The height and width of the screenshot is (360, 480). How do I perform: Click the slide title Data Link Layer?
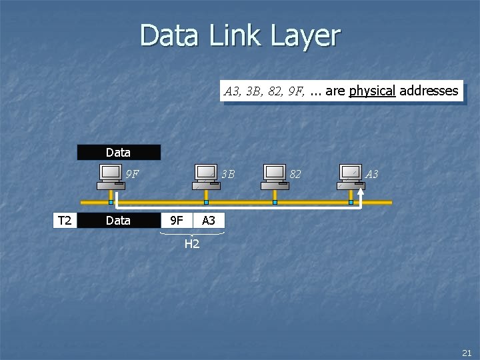[240, 35]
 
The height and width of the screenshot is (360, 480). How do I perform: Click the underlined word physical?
[371, 91]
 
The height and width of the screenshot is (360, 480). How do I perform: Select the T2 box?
[65, 220]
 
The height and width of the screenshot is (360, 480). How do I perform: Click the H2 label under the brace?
[192, 244]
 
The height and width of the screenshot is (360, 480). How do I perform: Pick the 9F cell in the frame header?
[177, 220]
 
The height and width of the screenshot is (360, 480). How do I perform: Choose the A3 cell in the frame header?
[209, 220]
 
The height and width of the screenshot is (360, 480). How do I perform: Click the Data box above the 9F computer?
[118, 153]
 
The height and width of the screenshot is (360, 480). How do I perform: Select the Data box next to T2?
[118, 220]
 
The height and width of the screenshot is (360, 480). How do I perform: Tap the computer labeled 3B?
[206, 175]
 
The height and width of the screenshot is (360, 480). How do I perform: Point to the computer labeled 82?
[275, 175]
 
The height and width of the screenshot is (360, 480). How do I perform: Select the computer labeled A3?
[351, 175]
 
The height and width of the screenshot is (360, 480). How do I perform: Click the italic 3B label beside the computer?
[228, 175]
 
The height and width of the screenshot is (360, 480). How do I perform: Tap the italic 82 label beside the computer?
[295, 175]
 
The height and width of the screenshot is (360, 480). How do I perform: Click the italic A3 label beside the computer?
[371, 175]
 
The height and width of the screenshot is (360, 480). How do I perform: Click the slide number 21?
[466, 352]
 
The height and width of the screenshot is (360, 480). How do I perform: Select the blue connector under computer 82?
[275, 202]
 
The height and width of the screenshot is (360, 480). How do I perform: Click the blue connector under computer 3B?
[206, 202]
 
